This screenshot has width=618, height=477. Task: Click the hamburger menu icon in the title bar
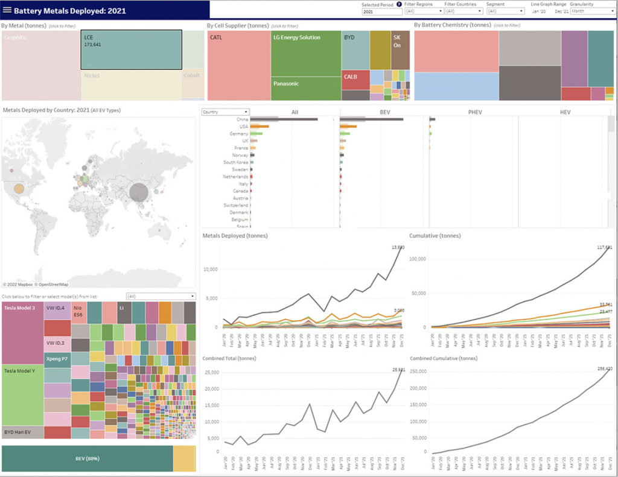pyautogui.click(x=7, y=10)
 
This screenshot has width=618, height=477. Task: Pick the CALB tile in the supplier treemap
pyautogui.click(x=355, y=80)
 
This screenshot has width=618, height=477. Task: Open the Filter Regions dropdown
pyautogui.click(x=424, y=11)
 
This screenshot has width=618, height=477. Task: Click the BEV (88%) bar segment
pyautogui.click(x=88, y=459)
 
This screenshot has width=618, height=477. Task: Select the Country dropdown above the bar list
pyautogui.click(x=225, y=112)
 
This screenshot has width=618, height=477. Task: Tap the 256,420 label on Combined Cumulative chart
pyautogui.click(x=604, y=368)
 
